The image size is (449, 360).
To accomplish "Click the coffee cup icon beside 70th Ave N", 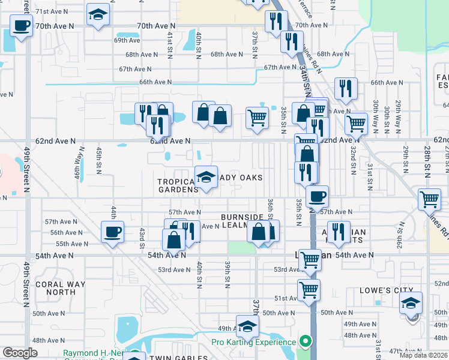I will (x=22, y=26).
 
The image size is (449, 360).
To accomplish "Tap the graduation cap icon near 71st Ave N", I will (x=97, y=16).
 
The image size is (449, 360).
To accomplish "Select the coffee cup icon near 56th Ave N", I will (x=112, y=232).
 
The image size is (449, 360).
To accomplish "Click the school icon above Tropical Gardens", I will (x=206, y=178).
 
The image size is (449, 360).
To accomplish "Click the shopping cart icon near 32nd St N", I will (x=356, y=124).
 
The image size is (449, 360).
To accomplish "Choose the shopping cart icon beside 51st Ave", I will (x=309, y=290).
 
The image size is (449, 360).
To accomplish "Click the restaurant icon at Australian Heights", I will (x=339, y=232).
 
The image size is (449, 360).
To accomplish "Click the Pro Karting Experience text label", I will (x=253, y=343).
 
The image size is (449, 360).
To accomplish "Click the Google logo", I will (x=20, y=353).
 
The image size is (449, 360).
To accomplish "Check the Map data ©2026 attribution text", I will (x=423, y=355).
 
